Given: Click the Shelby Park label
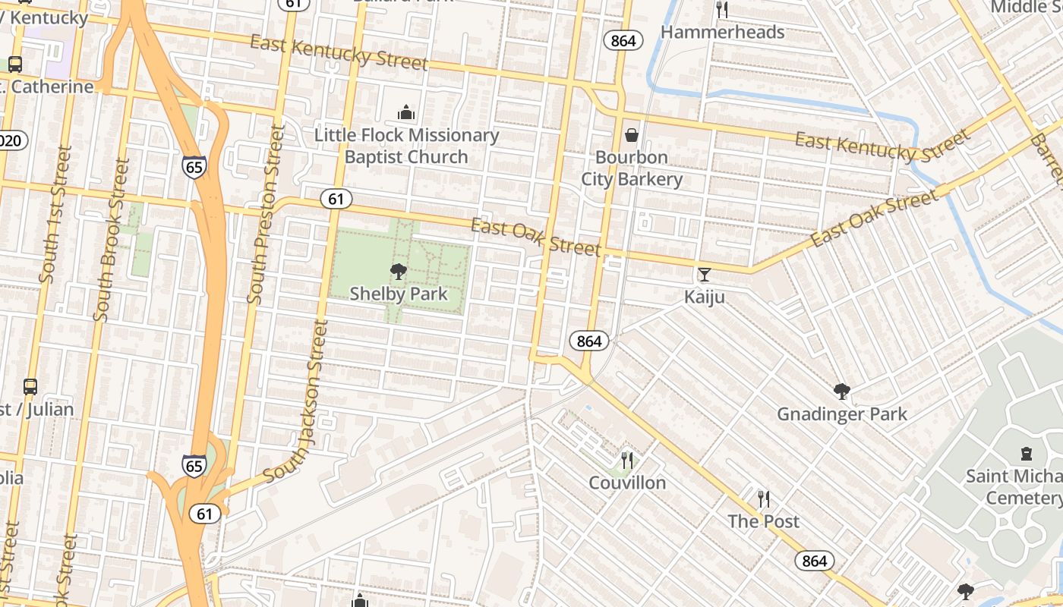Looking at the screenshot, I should click(398, 294).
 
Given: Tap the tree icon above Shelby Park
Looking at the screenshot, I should click(398, 271).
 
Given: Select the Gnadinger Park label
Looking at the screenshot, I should click(841, 414).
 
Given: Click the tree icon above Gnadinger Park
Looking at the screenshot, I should click(841, 392).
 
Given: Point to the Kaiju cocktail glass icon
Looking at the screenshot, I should click(705, 274).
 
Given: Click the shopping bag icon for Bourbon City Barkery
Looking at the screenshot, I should click(631, 135).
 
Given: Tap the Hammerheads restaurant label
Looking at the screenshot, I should click(722, 32).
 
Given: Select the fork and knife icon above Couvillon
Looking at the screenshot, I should click(627, 460).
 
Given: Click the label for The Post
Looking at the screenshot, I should click(763, 521).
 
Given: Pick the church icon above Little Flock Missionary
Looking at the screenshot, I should click(406, 113).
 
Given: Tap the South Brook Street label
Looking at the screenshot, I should click(111, 239).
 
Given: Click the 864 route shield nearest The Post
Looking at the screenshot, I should click(815, 561).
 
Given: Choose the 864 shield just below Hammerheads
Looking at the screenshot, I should click(623, 40).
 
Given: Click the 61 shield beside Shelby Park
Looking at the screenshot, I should click(336, 199).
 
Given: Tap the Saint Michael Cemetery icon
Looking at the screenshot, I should click(1027, 454).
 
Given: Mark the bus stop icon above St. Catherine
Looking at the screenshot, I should click(14, 64).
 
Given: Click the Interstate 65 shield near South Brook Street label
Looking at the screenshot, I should click(194, 167).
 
